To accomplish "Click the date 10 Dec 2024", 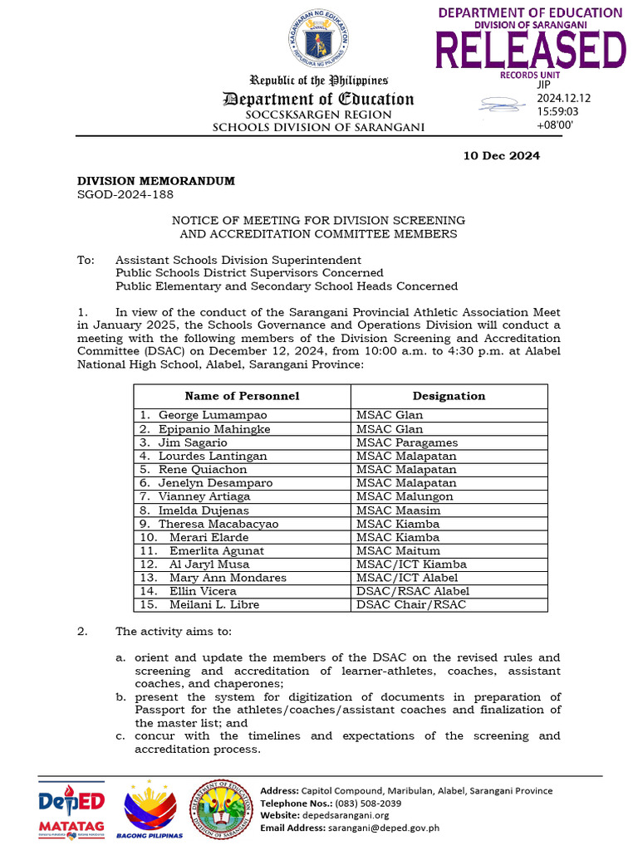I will pos(501,155).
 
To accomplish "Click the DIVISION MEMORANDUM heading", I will pos(156,181).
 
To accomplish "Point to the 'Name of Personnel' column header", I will pos(242,396).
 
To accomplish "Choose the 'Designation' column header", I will pos(449,396).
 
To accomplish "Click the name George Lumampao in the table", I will pos(213,415).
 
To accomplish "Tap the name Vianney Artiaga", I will pos(207,496).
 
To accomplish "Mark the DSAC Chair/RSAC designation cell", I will pos(411,604).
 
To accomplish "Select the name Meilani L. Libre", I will pos(214,604).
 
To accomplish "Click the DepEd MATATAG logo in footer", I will pos(71,810).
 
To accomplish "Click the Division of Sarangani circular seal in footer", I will pos(222,808).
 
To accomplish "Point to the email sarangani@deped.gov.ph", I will pos(394,828).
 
